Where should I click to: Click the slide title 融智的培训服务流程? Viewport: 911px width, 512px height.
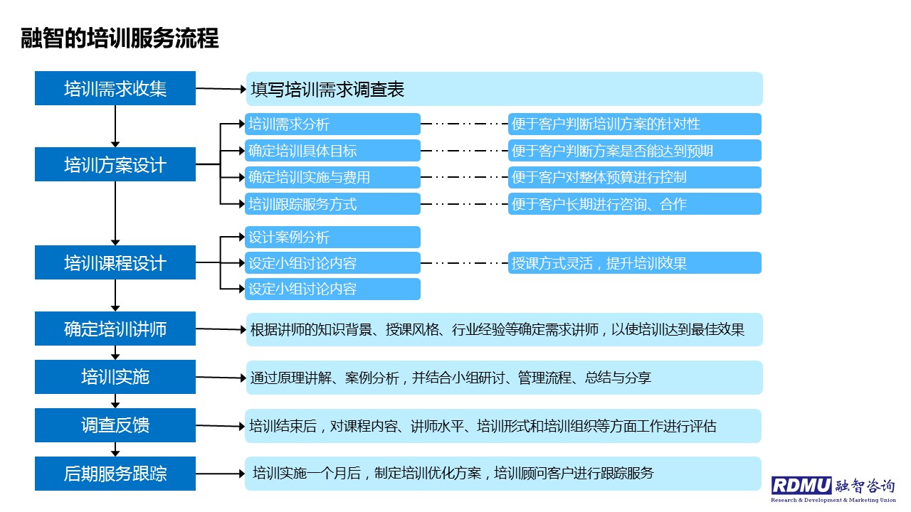pos(120,38)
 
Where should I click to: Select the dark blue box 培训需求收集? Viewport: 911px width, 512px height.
pos(115,88)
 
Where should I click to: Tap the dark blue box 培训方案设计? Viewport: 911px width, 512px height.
pos(115,164)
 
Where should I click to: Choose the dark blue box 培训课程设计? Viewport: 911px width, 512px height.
pos(115,262)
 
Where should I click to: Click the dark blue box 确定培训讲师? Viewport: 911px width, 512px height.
pos(115,329)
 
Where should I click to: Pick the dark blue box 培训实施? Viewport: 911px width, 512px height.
pos(115,377)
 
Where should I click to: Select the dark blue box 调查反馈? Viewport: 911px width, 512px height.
pos(115,425)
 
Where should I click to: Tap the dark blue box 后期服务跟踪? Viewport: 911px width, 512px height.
pos(115,474)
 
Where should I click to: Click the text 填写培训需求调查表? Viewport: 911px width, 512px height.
pos(327,90)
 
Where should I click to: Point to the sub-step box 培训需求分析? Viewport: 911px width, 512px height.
pos(332,124)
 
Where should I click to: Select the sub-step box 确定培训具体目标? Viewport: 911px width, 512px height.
pos(332,150)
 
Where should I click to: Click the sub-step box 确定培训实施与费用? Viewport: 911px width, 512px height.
pos(332,177)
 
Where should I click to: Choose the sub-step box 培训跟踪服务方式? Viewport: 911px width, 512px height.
pos(332,203)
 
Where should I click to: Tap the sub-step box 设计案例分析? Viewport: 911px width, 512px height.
pos(332,237)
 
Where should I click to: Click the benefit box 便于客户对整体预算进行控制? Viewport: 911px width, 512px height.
pos(634,177)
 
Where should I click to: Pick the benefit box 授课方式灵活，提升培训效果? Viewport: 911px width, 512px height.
pos(634,263)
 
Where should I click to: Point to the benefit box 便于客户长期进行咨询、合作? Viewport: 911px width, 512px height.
pos(634,203)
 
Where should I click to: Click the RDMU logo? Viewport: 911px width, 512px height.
pos(833,490)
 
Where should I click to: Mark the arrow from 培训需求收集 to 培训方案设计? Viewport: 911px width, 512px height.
pos(115,127)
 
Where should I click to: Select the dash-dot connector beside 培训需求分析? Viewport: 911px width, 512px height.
pos(464,124)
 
